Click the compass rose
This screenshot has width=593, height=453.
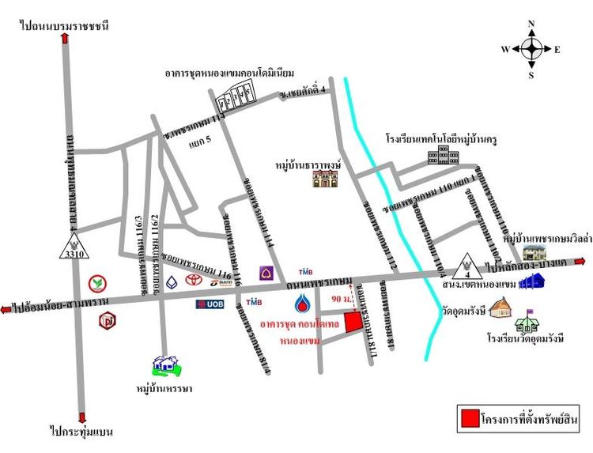click(x=531, y=49)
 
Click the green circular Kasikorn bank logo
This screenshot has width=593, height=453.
click(x=100, y=281)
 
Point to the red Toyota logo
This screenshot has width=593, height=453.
click(x=191, y=281)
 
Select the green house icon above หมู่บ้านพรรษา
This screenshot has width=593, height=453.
click(x=166, y=364)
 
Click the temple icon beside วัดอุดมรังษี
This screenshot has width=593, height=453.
click(x=500, y=306)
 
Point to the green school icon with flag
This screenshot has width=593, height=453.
click(x=527, y=319)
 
